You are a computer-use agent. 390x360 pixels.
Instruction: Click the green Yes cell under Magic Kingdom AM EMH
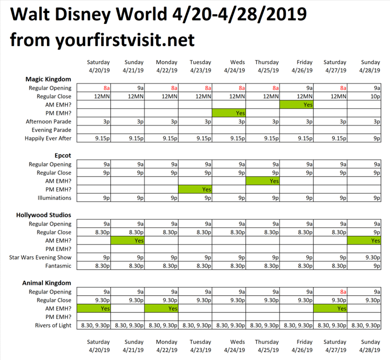click(x=296, y=105)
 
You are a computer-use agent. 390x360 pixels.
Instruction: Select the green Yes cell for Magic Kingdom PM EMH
click(x=229, y=113)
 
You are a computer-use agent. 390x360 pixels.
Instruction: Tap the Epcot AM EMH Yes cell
click(x=262, y=181)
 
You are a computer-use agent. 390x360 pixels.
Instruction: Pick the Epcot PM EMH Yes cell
click(x=195, y=189)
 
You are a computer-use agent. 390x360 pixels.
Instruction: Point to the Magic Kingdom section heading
click(x=48, y=79)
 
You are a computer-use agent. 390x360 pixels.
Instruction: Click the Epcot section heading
click(x=63, y=155)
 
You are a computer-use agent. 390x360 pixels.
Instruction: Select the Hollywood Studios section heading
click(x=44, y=215)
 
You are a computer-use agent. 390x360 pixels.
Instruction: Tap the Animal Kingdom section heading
click(x=47, y=283)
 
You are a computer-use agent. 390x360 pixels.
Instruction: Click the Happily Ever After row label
click(x=48, y=138)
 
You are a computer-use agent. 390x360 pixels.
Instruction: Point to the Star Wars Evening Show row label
click(x=40, y=257)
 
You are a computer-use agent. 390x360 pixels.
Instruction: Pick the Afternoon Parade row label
click(x=48, y=121)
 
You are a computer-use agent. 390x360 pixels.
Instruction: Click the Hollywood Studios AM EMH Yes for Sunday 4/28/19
click(x=364, y=240)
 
